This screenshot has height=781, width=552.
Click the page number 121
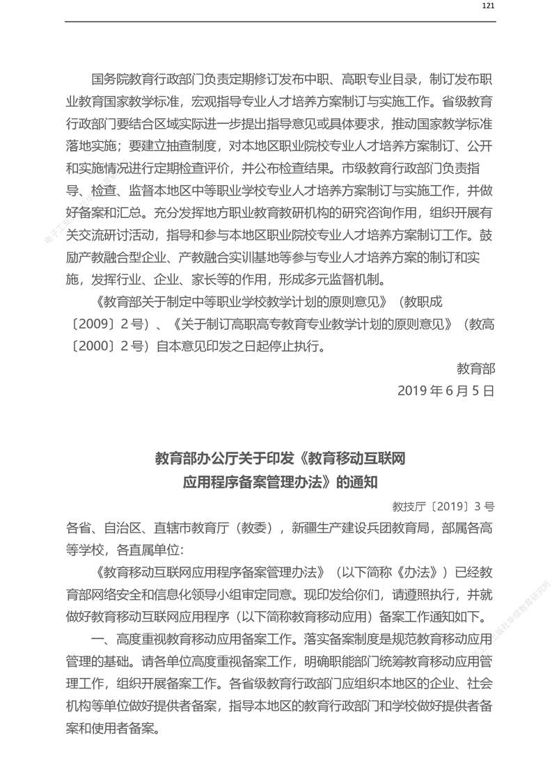[x=488, y=6]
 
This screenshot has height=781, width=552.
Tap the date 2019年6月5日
[x=445, y=390]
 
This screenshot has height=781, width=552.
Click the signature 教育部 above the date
[x=475, y=368]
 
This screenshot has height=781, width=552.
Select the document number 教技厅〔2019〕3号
[x=443, y=506]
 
